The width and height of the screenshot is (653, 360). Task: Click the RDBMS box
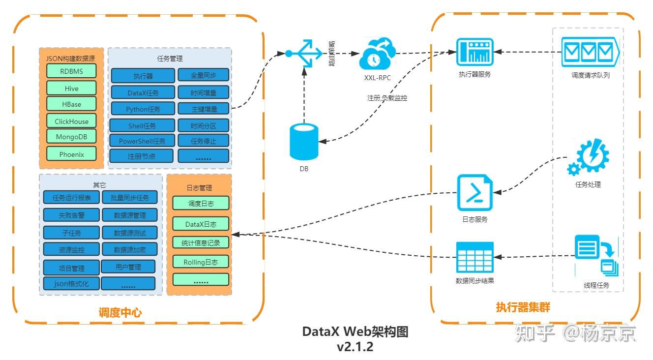coord(71,71)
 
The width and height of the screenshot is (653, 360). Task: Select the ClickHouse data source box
coord(71,121)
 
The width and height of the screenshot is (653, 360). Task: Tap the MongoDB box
coord(71,137)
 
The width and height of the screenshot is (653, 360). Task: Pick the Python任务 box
coord(143,109)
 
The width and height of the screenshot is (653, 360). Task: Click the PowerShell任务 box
coord(142,141)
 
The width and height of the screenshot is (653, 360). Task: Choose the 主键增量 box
coord(203,109)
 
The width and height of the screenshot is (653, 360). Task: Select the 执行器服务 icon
coord(475,52)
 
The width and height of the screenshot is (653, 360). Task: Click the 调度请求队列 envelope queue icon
coord(590,52)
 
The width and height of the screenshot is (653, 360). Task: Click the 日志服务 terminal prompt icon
coord(475,193)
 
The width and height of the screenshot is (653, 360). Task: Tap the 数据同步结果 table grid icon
coord(475,257)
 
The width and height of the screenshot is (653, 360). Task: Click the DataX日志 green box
coord(201,224)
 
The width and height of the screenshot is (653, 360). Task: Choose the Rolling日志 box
coord(201,262)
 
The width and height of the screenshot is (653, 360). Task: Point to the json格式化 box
coord(71,284)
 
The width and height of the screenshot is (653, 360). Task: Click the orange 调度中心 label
coord(120,312)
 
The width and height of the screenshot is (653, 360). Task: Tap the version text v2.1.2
coord(355,346)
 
